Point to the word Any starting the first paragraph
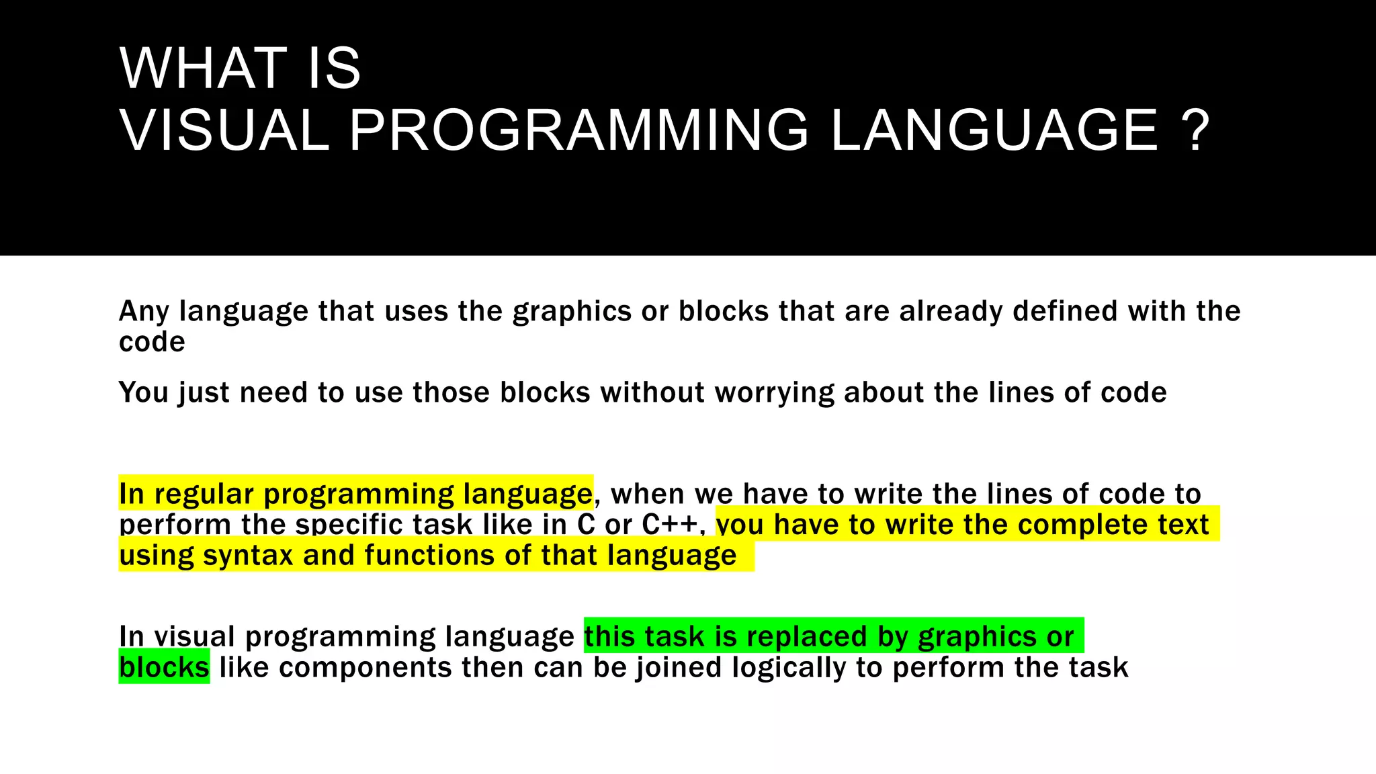point(143,312)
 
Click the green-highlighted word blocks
point(164,668)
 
